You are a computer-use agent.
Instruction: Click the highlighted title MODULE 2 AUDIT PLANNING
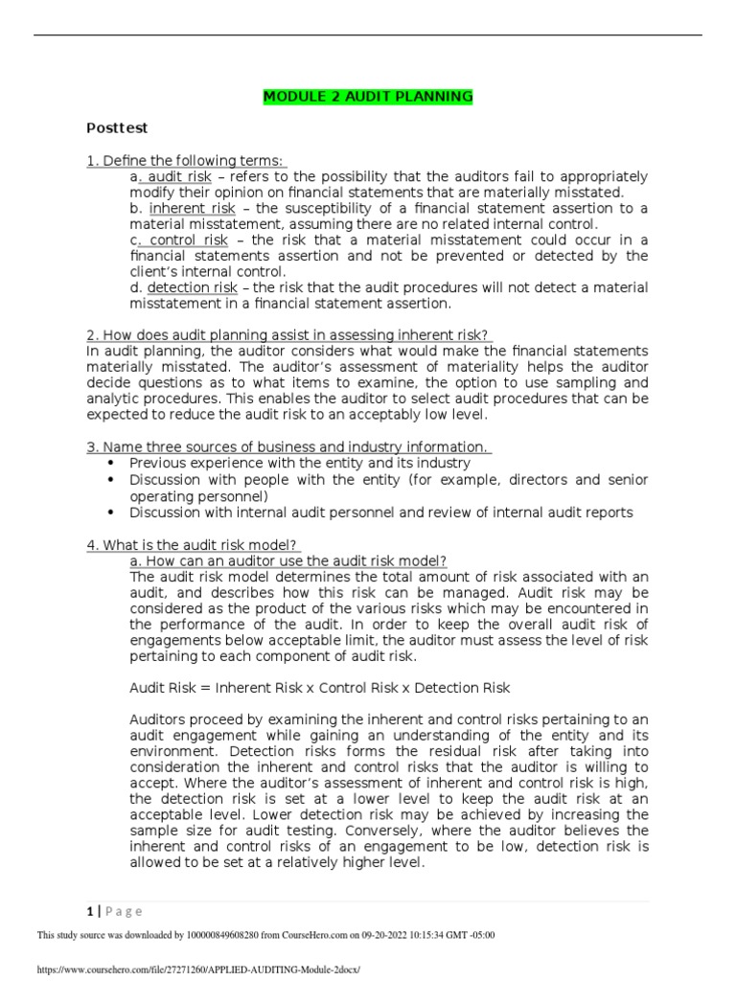click(368, 97)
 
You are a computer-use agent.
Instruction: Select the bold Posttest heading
click(117, 127)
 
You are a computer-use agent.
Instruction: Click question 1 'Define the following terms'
click(187, 160)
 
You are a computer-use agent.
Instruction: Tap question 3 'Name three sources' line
click(288, 446)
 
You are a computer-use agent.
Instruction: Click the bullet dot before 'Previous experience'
click(114, 463)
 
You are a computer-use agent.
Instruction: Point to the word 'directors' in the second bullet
click(533, 479)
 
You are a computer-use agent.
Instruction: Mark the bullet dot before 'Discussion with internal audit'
click(114, 513)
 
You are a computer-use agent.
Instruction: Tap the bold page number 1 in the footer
click(89, 912)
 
